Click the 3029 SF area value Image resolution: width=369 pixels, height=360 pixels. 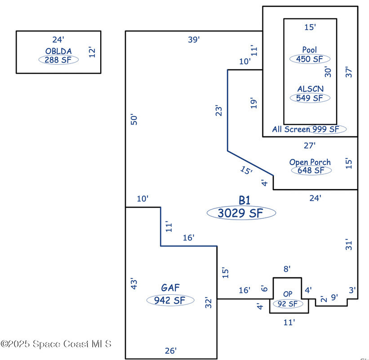[x=241, y=213]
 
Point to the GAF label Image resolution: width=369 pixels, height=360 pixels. [x=171, y=288]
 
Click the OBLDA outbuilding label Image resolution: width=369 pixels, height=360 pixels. [x=58, y=51]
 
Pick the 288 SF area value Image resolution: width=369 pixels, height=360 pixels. [x=58, y=59]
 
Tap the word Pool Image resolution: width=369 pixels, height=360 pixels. [x=310, y=49]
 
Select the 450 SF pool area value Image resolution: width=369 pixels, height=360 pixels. [x=310, y=59]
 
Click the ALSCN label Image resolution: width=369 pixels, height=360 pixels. [x=310, y=89]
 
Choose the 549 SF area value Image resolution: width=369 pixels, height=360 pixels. [x=310, y=98]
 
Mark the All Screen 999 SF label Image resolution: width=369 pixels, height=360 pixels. [x=309, y=129]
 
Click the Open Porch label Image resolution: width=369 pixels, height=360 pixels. [x=310, y=162]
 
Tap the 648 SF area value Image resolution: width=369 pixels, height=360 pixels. [x=311, y=171]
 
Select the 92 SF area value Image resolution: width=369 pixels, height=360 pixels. [x=288, y=304]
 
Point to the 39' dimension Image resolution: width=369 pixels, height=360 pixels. [x=194, y=40]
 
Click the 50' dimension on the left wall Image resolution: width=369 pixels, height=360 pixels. [x=133, y=119]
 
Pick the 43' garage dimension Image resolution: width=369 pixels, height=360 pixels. [x=133, y=283]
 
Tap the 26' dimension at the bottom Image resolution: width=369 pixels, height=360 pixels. [x=170, y=351]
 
